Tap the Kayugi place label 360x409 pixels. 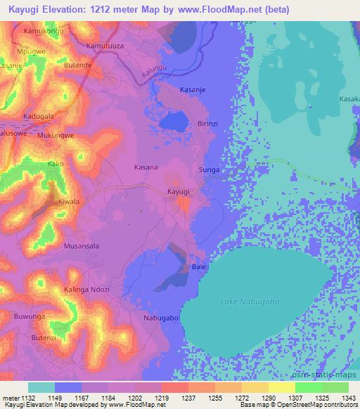click(x=179, y=192)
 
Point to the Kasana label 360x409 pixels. click(x=146, y=167)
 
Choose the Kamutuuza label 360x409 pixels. click(x=105, y=45)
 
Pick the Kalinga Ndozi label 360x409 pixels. click(x=86, y=290)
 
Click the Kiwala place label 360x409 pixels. click(x=68, y=202)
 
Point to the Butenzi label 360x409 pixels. click(x=42, y=338)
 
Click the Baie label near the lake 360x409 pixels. click(x=198, y=268)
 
